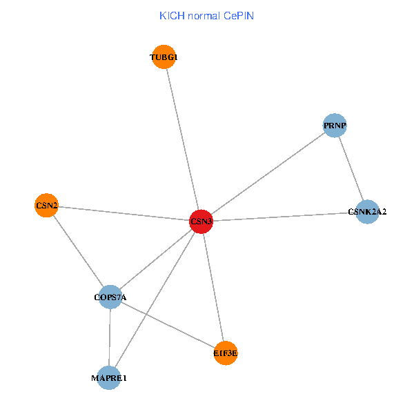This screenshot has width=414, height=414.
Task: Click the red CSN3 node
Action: pos(201,221)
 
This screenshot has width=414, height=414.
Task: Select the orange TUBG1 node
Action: pos(165,57)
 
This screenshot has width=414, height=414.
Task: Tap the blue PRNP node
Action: pos(335,126)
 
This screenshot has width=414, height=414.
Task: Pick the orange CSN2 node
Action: pos(46,206)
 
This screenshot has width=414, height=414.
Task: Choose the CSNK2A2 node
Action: pos(367,212)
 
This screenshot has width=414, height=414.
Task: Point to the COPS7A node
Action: pos(110,297)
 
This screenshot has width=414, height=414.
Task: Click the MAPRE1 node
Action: pos(109,378)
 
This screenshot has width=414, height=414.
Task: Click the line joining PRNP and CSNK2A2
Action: pos(351,168)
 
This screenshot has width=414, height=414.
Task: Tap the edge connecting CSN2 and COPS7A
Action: pos(78,251)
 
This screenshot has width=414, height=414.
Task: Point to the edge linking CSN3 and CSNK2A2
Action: pos(284,217)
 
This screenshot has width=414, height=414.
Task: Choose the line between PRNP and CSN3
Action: pos(268,174)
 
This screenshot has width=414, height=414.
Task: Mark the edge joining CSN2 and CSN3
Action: pos(124,213)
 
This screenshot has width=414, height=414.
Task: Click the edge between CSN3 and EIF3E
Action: pos(213,287)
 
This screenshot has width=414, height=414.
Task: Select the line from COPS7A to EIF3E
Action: pos(168,325)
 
